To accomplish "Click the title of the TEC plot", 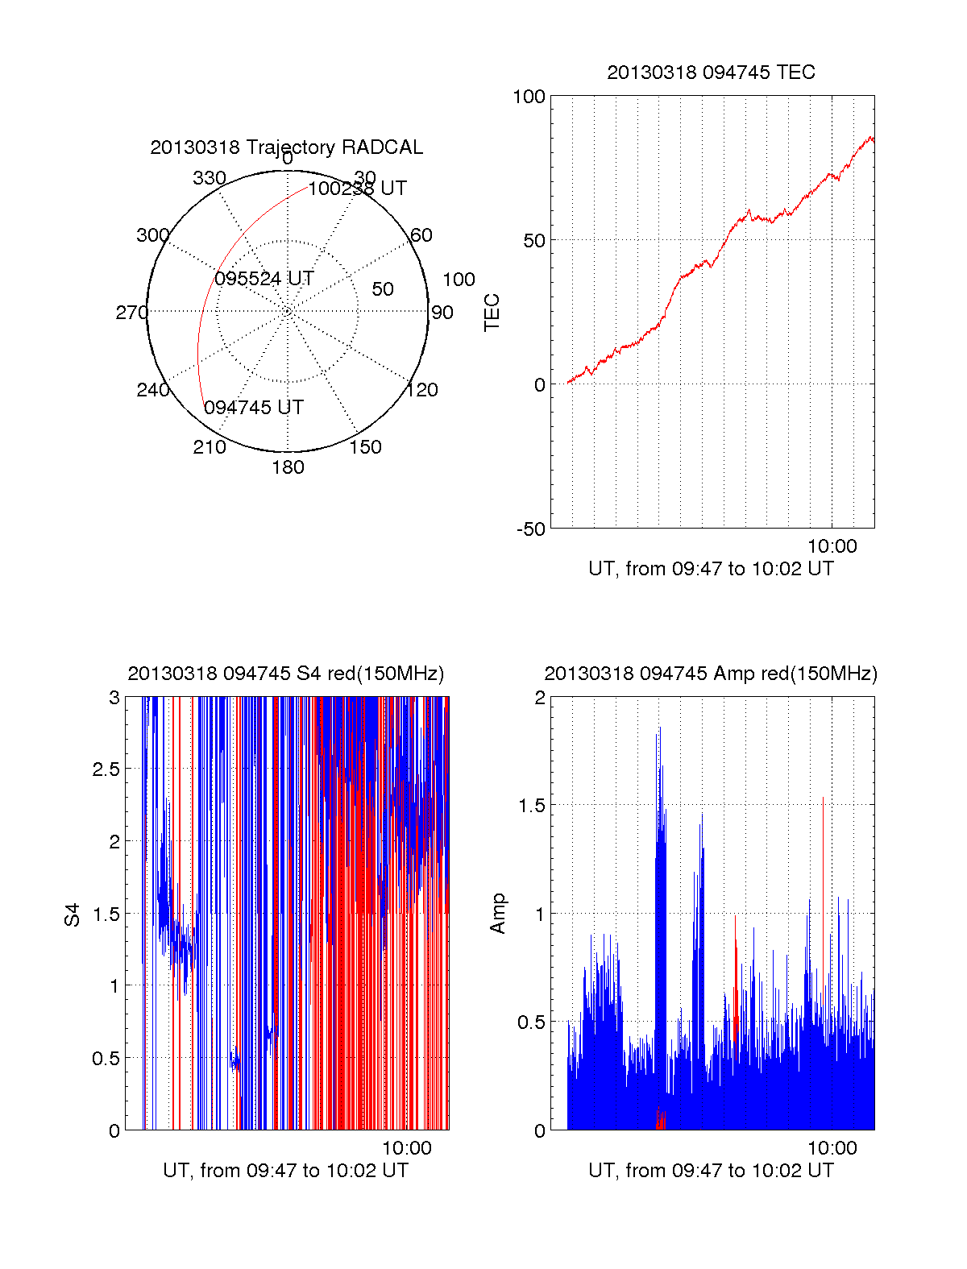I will click(x=711, y=73).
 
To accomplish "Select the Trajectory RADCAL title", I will click(x=286, y=147).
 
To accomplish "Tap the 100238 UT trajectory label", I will click(x=357, y=189).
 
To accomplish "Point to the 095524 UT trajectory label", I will click(x=264, y=279).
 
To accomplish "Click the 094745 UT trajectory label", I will click(x=253, y=408).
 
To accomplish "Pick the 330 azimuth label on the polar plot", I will click(x=210, y=178).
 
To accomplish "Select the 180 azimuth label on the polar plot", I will click(x=288, y=467).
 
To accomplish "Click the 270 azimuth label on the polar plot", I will click(x=131, y=313).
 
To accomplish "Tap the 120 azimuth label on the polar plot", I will click(x=422, y=390).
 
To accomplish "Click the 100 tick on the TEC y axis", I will click(x=529, y=97).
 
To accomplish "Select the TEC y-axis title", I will click(x=492, y=313).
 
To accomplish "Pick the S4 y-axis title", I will click(x=73, y=915).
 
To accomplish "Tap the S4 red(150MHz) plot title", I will click(x=285, y=674).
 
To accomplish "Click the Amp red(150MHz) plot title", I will click(x=710, y=674).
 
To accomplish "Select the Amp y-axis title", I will click(x=498, y=914).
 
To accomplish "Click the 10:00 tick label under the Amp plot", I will click(x=832, y=1148).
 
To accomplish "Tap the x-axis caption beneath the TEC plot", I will click(x=711, y=569).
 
